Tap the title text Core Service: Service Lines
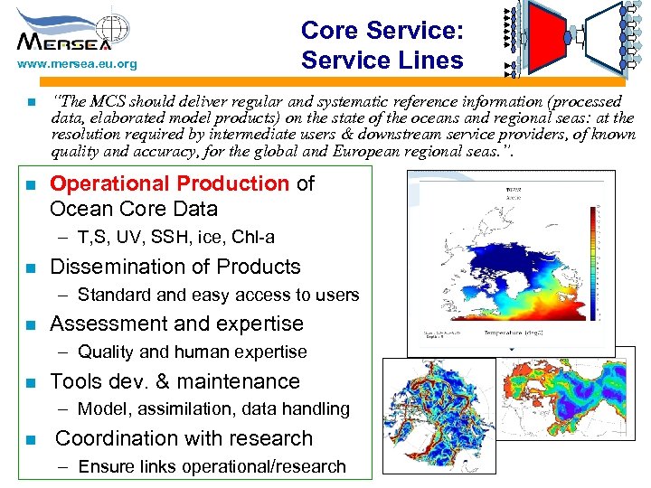coord(382,45)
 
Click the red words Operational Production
coord(169,183)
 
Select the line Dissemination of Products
coord(175,267)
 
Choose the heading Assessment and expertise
coord(176,324)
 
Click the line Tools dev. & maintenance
coord(175,381)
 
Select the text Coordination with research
coord(184,438)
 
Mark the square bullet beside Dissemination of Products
coord(30,267)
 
